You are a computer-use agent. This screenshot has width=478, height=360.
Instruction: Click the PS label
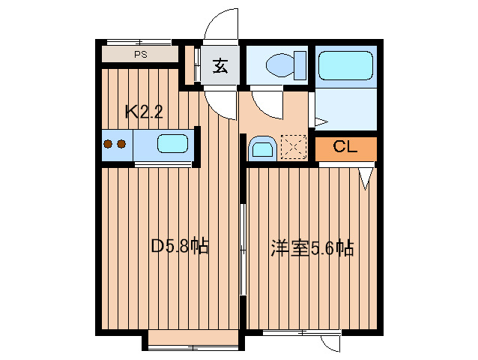coord(140,55)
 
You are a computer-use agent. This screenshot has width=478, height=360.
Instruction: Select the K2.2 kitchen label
coord(143,112)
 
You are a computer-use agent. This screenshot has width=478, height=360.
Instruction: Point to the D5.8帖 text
coord(180,246)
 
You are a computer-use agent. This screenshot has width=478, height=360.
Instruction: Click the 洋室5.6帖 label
coord(312,248)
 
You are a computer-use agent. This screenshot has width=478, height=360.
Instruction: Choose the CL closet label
coord(345,147)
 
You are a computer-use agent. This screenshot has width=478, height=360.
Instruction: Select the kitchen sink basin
coord(172,143)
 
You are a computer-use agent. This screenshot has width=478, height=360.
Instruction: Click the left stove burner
coord(108,144)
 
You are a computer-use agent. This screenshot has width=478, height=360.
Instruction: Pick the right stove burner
coord(120,144)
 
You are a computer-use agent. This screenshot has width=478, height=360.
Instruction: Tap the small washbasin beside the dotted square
coord(261,147)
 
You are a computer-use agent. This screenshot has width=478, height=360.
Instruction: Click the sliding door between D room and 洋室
coord(242,247)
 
